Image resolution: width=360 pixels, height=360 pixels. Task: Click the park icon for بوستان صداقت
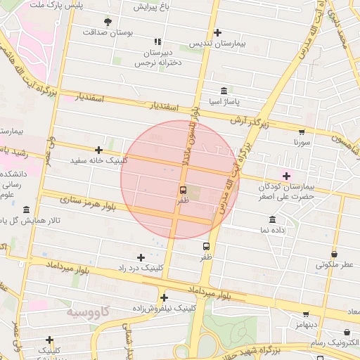click(x=107, y=22)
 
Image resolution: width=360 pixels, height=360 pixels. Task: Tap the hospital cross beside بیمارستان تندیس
click(x=217, y=32)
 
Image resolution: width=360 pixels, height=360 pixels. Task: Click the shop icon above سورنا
click(x=302, y=131)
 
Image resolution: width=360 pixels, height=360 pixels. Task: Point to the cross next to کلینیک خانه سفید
click(x=99, y=150)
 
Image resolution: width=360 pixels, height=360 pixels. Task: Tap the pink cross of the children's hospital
click(x=286, y=176)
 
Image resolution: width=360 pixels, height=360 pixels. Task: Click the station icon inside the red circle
click(x=183, y=190)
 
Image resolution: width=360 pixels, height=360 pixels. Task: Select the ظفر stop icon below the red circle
click(x=206, y=246)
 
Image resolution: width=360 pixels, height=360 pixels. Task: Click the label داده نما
click(x=272, y=230)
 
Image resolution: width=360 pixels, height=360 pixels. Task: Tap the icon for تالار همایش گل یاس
click(x=26, y=210)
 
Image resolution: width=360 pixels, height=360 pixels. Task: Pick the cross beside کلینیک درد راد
click(x=141, y=257)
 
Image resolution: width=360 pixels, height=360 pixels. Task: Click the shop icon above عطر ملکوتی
click(x=334, y=255)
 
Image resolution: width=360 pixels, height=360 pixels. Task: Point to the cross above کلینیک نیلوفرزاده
click(x=164, y=297)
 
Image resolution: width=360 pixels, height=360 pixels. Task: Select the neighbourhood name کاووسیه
click(x=89, y=310)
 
